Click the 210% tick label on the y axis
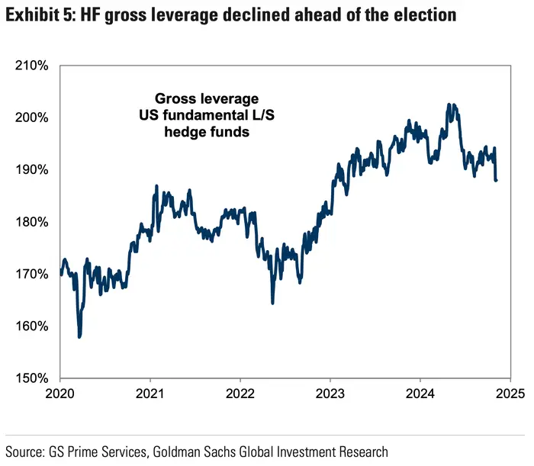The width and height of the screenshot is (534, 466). pos(33,66)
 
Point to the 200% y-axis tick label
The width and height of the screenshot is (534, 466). pos(33,118)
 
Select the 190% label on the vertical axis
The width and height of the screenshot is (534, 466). pos(33,170)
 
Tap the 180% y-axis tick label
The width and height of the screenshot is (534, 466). pos(33,222)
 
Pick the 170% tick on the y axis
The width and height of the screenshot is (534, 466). pos(33,274)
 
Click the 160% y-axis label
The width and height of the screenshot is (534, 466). pos(33,326)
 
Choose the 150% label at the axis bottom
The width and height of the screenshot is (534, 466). pos(33,378)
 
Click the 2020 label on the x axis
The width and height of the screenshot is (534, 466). pos(60,395)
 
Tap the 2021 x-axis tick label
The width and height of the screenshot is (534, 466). pos(150,395)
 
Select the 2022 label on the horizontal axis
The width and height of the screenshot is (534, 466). pos(240,395)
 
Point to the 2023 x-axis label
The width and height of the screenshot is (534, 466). pos(330,395)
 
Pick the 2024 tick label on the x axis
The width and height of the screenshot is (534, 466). pos(420,395)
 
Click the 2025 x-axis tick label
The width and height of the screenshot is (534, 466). pos(509,395)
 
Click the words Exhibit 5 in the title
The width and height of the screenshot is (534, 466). pos(37,15)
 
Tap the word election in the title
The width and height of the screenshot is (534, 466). pos(424,15)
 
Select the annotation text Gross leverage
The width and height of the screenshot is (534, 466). pos(207,99)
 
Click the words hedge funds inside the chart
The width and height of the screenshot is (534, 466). pos(207,132)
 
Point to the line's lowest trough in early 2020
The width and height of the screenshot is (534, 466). pos(79,336)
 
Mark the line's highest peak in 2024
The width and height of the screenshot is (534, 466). pos(452,104)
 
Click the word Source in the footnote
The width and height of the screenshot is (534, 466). pos(23,452)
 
